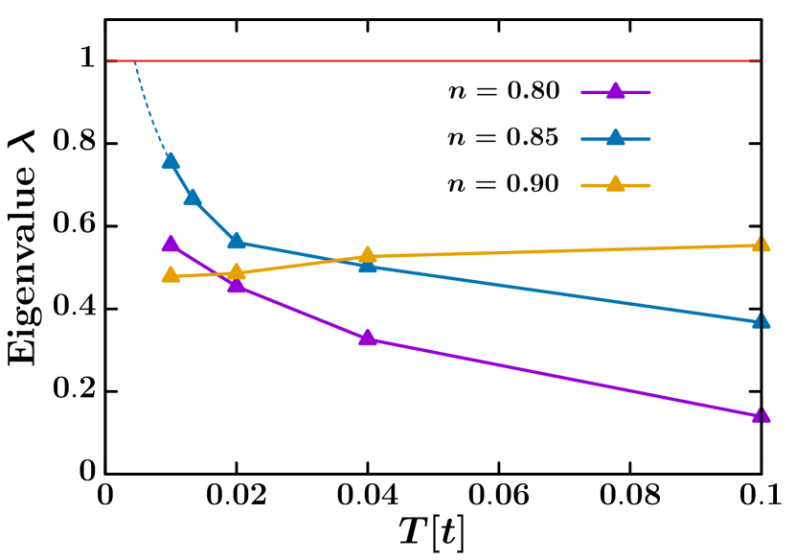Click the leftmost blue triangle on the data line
point(171,161)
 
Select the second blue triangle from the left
point(193,198)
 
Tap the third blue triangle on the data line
point(237,241)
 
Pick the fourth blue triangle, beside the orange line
point(368,265)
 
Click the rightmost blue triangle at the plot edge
point(761,321)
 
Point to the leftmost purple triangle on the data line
point(171,244)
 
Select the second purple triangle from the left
point(237,284)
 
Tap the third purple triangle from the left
point(368,338)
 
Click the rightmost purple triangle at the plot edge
point(761,415)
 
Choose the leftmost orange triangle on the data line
point(171,275)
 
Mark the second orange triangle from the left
point(237,271)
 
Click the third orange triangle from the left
point(368,255)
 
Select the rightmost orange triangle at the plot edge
point(761,245)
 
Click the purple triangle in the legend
point(615,92)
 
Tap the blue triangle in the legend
point(615,138)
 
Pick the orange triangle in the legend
point(615,184)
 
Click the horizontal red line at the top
point(431,60)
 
